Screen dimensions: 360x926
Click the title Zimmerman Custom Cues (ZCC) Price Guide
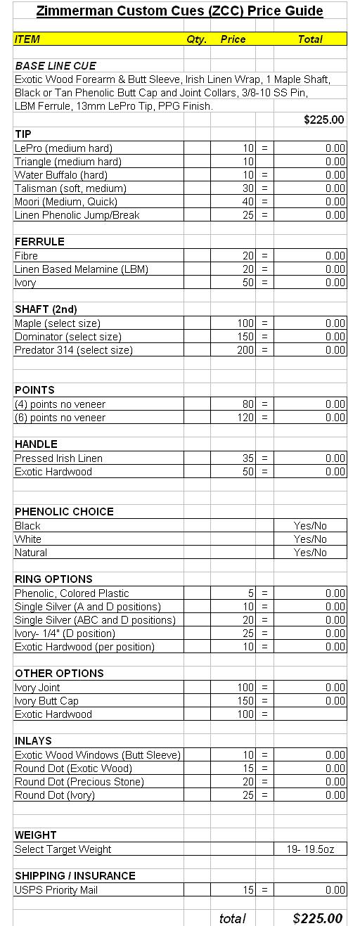pyautogui.click(x=179, y=11)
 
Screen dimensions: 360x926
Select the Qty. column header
pyautogui.click(x=196, y=39)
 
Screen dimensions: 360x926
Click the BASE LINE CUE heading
pyautogui.click(x=56, y=66)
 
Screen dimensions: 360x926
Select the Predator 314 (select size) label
pyautogui.click(x=73, y=350)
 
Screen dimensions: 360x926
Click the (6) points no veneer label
pyautogui.click(x=60, y=418)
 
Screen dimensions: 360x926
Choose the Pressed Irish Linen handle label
pyautogui.click(x=58, y=458)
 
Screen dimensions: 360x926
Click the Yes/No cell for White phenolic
pyautogui.click(x=310, y=539)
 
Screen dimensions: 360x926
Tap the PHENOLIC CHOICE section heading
pyautogui.click(x=64, y=512)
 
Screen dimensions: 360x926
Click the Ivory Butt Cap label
pyautogui.click(x=46, y=701)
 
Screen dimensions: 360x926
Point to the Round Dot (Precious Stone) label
pyautogui.click(x=79, y=782)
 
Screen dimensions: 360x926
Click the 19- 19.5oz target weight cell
pyautogui.click(x=310, y=849)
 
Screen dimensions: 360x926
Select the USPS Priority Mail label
pyautogui.click(x=56, y=890)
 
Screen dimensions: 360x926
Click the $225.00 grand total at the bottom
pyautogui.click(x=317, y=918)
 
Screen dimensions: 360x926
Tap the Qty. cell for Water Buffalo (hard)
pyautogui.click(x=196, y=175)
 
